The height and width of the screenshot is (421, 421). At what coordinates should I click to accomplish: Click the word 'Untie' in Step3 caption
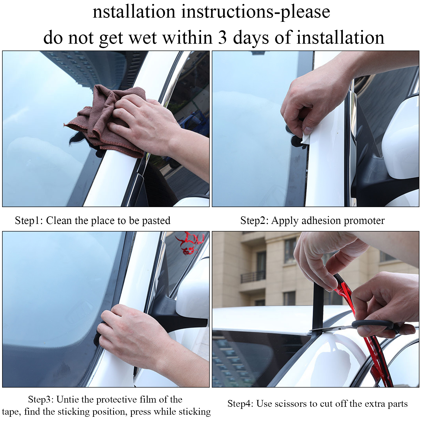click(68, 399)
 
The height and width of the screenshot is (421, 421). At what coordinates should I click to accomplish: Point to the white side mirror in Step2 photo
click(400, 137)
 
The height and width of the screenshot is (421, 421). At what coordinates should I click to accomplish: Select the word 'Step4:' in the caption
click(240, 403)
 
